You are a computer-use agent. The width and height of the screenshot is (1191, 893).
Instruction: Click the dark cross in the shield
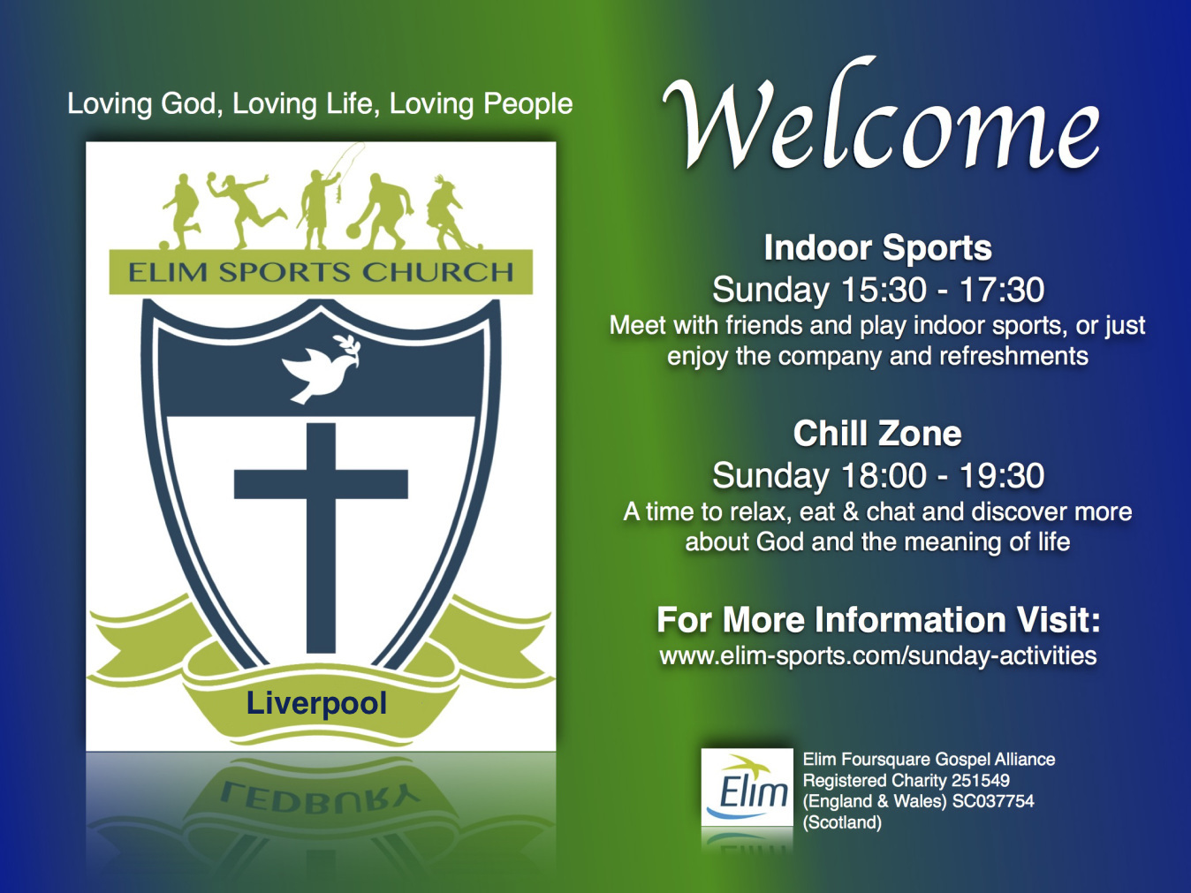pyautogui.click(x=321, y=538)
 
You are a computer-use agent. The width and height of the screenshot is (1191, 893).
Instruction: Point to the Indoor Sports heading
pyautogui.click(x=877, y=248)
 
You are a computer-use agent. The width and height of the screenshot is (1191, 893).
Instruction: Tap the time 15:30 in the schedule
pyautogui.click(x=884, y=290)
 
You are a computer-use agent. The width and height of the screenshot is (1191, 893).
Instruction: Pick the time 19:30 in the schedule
pyautogui.click(x=1002, y=475)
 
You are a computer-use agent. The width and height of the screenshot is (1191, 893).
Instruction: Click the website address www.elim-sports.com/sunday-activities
pyautogui.click(x=878, y=656)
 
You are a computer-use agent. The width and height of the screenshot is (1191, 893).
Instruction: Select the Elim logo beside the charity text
pyautogui.click(x=747, y=787)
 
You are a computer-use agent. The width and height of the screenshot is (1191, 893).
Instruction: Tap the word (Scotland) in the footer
pyautogui.click(x=842, y=822)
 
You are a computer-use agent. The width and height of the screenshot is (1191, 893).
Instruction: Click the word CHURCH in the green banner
pyautogui.click(x=437, y=272)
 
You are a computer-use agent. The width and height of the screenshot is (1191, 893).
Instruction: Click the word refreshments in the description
pyautogui.click(x=1013, y=356)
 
